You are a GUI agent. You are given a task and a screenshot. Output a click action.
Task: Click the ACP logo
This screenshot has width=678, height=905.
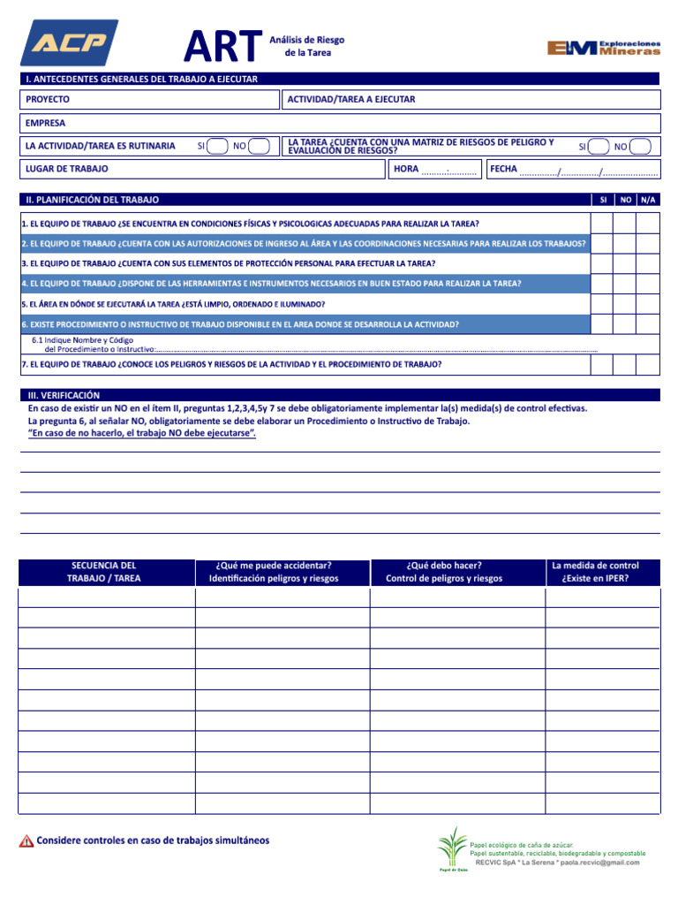coord(69,43)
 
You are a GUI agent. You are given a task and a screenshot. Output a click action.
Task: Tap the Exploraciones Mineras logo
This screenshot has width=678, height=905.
coord(603,48)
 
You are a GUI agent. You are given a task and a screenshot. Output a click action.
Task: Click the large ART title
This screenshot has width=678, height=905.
coord(222,46)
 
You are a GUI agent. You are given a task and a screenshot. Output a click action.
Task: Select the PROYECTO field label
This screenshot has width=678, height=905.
coord(48,100)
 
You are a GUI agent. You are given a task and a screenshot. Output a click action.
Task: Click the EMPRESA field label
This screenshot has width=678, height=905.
coord(45,124)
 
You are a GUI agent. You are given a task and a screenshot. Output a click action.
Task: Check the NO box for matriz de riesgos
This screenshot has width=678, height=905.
coord(642,147)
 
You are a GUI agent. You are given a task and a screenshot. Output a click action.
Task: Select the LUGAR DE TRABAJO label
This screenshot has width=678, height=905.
coord(67,169)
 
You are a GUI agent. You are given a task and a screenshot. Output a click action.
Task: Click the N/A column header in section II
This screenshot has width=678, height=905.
coord(648,200)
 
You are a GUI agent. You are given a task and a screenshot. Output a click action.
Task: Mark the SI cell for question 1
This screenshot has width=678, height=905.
coord(602,224)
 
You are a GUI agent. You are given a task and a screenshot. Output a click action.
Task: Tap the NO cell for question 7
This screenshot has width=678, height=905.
coord(625,364)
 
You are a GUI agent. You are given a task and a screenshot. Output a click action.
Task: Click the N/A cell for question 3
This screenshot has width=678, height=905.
coord(648,263)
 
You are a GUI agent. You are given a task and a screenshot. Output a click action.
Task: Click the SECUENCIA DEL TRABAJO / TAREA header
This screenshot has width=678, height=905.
coord(104,572)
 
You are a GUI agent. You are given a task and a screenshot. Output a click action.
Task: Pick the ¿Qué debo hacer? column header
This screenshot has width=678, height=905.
coord(444,572)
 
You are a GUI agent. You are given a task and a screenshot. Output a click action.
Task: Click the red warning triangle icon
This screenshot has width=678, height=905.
coord(26,841)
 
